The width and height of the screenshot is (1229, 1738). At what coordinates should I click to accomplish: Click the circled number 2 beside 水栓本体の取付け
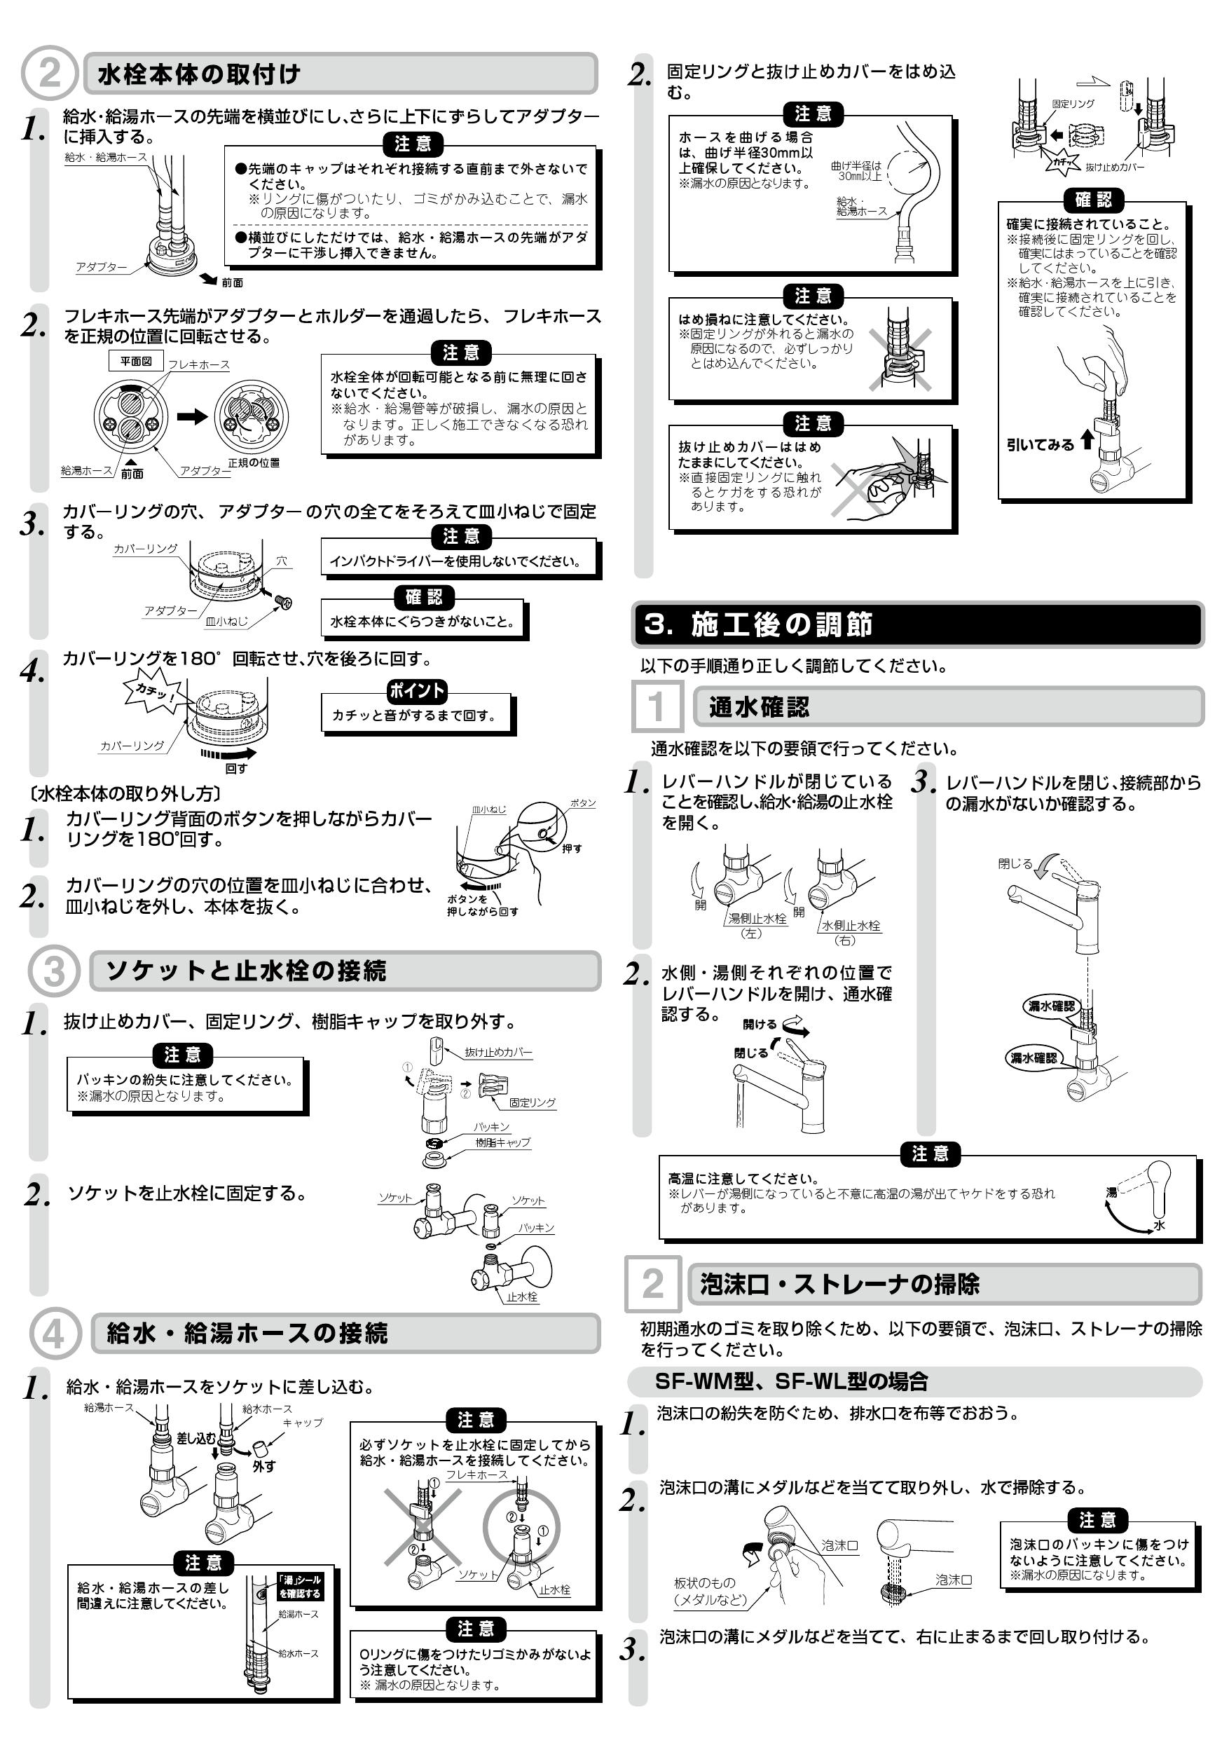tap(49, 74)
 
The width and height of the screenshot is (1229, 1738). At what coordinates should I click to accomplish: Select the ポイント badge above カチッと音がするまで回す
tap(416, 690)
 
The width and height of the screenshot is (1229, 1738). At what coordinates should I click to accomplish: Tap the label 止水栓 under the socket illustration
tap(522, 1296)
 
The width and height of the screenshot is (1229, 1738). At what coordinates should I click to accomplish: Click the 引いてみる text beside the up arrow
tap(1040, 444)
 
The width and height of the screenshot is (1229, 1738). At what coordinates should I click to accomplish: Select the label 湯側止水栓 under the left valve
tap(757, 918)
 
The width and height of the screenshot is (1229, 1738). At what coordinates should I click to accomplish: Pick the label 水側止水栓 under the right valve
tap(851, 925)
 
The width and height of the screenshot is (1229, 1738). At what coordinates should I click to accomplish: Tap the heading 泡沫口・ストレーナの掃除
tap(840, 1284)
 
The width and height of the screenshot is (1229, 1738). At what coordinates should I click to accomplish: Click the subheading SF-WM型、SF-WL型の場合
tap(791, 1381)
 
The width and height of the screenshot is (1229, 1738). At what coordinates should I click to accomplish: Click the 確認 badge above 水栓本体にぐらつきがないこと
tap(424, 597)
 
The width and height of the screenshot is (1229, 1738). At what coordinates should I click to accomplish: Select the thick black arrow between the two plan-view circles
tap(192, 416)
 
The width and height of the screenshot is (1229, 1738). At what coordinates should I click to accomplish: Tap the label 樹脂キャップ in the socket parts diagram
tap(502, 1142)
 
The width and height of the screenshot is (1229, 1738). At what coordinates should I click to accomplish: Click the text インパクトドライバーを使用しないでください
tap(455, 561)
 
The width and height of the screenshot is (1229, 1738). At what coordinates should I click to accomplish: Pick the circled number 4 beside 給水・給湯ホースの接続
tap(54, 1333)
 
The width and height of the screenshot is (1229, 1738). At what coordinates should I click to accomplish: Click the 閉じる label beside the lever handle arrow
tap(1014, 863)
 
